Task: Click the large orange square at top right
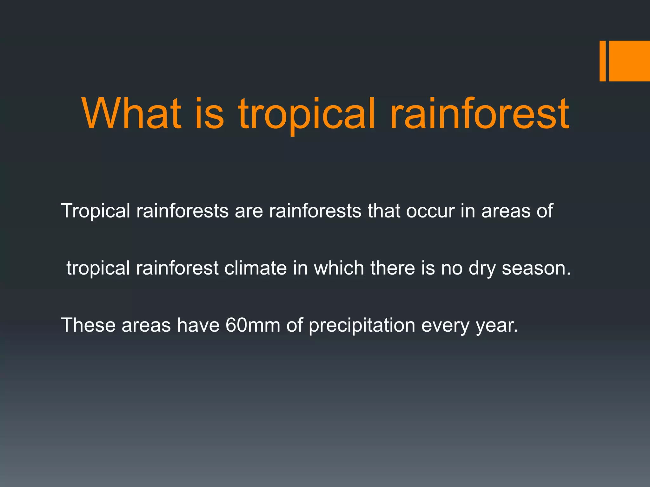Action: tap(629, 61)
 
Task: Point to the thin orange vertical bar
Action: tap(602, 61)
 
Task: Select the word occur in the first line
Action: tap(430, 211)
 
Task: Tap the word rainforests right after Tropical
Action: tap(182, 211)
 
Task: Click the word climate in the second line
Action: tap(256, 268)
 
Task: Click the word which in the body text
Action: tap(339, 268)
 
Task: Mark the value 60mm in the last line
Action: tap(253, 325)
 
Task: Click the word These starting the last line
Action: tap(88, 325)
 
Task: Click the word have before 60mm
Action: tap(198, 325)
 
